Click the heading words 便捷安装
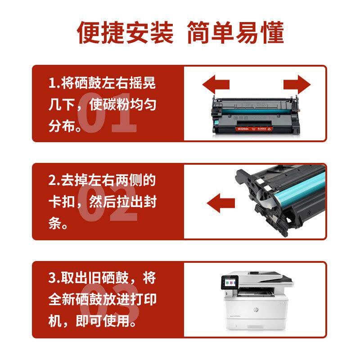click(126, 33)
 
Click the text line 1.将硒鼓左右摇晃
click(102, 83)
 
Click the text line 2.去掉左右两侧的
click(102, 181)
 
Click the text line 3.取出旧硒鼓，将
click(102, 278)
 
